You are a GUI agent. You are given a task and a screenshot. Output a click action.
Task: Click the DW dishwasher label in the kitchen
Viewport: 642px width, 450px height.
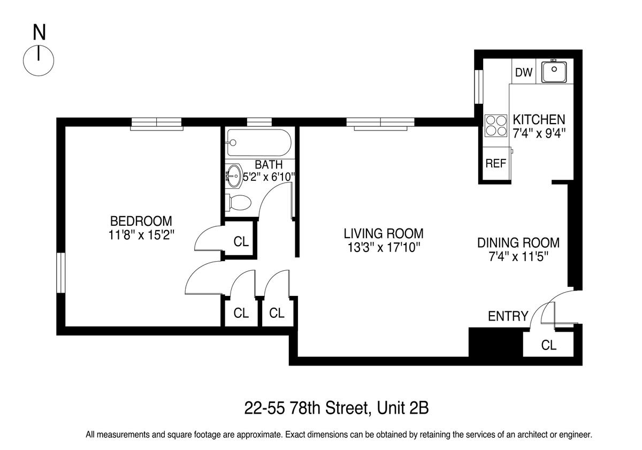(x=524, y=72)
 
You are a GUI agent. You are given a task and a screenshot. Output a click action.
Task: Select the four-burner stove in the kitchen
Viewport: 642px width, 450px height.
(x=495, y=126)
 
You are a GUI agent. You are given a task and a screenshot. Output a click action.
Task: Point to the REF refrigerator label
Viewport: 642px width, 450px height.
(x=495, y=163)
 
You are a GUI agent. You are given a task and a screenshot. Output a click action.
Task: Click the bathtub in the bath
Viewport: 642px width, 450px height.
(x=259, y=142)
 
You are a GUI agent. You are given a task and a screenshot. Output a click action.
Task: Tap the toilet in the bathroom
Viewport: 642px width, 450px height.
(x=238, y=203)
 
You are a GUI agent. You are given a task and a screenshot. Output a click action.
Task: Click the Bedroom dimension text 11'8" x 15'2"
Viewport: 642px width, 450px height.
(x=141, y=235)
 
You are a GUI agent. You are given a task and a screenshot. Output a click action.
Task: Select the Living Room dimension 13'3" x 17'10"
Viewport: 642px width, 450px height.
(x=384, y=248)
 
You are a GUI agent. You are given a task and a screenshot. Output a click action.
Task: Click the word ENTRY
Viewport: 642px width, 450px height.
(x=508, y=316)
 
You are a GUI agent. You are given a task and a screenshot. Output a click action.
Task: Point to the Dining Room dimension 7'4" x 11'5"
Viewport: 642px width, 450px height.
(x=518, y=257)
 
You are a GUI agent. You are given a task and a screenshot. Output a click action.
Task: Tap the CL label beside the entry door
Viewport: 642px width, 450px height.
(x=548, y=345)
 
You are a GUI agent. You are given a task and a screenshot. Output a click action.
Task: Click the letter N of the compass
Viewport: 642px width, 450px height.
(x=39, y=33)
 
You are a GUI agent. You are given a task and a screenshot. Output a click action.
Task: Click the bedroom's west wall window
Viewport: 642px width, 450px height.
(x=61, y=272)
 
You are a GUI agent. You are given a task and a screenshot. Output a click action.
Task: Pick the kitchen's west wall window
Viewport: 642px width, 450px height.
(x=478, y=87)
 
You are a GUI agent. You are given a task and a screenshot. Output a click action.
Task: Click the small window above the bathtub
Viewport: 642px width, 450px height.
(x=259, y=122)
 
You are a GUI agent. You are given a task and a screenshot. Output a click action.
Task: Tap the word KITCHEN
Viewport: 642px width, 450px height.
(x=539, y=119)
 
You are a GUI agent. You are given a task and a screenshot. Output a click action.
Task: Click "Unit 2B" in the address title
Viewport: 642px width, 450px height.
(x=403, y=408)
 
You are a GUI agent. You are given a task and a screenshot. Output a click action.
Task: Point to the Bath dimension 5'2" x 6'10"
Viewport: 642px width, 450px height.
(x=269, y=177)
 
